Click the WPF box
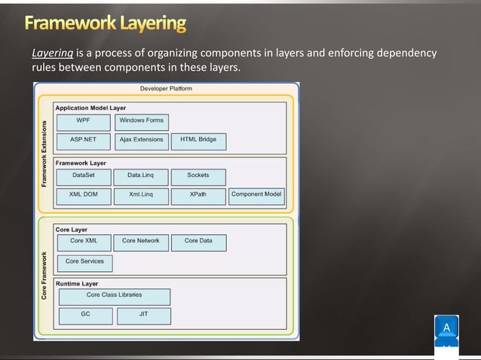[x=83, y=121]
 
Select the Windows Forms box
[x=141, y=121]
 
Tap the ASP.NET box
[x=83, y=140]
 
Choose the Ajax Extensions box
[x=141, y=140]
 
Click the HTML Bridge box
[x=198, y=140]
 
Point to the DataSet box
[x=83, y=175]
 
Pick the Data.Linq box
[x=141, y=175]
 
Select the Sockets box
[x=198, y=175]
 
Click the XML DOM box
[x=83, y=195]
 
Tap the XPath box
[x=198, y=195]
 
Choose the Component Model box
[x=256, y=195]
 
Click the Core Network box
[x=141, y=241]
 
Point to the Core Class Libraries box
[x=115, y=295]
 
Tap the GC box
[x=85, y=314]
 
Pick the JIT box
[x=143, y=314]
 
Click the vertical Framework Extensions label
[x=44, y=154]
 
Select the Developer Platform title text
[x=166, y=89]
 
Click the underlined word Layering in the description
[x=52, y=53]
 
